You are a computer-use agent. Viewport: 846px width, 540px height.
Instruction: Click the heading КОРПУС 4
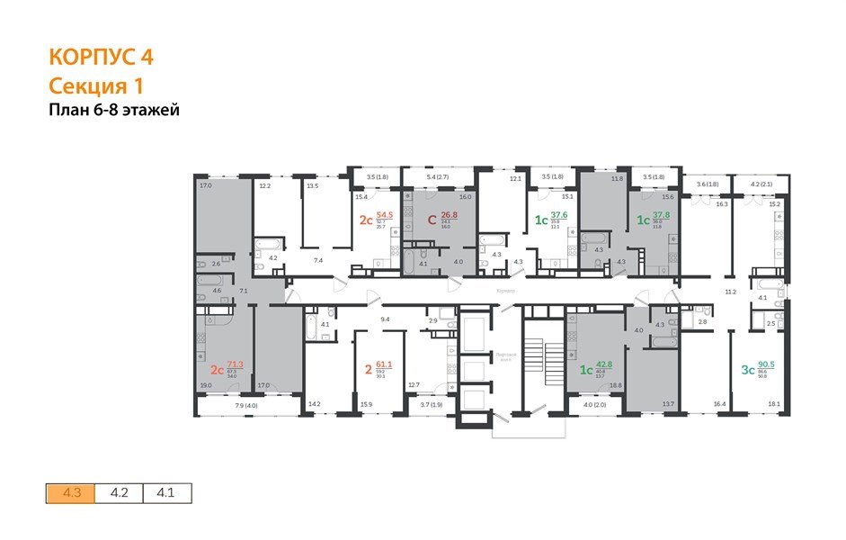[100, 58]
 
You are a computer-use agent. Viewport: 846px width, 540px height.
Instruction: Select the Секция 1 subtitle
[96, 85]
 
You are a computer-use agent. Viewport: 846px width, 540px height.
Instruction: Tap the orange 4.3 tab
[71, 493]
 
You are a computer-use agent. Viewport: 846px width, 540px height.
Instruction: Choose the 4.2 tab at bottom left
[119, 493]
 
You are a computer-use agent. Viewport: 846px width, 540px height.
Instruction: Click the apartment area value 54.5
[385, 216]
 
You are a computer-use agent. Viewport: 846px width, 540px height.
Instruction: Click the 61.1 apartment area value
[385, 365]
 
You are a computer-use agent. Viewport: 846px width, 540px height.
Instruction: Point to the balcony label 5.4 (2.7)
[437, 177]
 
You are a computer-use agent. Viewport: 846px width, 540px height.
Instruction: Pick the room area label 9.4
[385, 319]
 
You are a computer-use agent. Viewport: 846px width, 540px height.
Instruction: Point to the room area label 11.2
[730, 292]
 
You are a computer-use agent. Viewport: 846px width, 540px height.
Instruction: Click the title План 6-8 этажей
[113, 111]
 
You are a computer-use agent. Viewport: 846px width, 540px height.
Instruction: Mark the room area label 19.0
[205, 385]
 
